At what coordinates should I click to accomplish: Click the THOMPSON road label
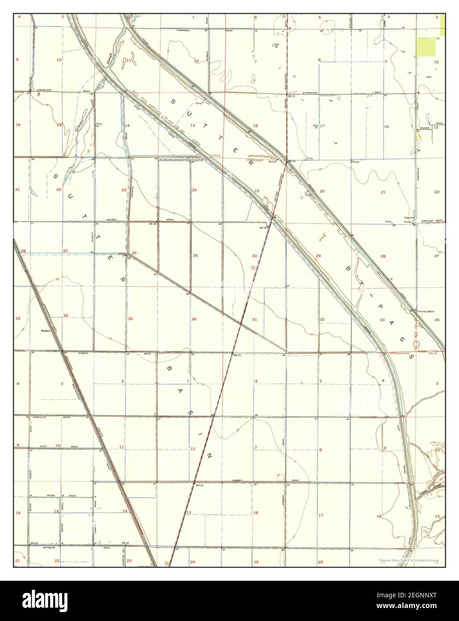[184, 30]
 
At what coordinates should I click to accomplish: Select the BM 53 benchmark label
[292, 161]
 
